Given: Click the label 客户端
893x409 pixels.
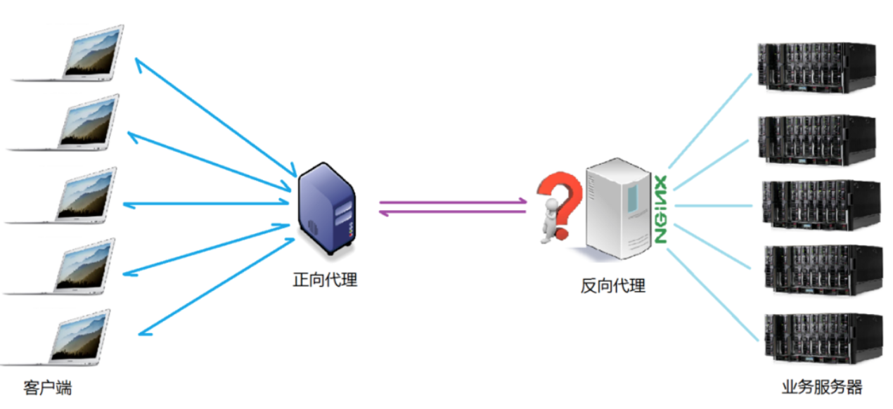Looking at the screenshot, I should click(x=47, y=388).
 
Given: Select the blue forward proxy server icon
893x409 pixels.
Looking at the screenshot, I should click(x=326, y=208).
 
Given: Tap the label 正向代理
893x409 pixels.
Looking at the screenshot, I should click(x=325, y=280).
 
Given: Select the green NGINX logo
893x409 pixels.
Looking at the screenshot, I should click(x=661, y=208).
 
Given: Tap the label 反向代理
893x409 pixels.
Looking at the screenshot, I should click(x=612, y=285).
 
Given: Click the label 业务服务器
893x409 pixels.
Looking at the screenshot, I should click(x=821, y=387).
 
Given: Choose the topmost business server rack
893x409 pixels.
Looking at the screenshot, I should click(x=816, y=67).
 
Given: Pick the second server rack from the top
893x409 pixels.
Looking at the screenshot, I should click(x=817, y=138).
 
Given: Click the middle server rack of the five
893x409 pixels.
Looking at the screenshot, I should click(x=819, y=204).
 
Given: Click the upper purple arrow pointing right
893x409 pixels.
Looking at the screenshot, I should click(x=453, y=202).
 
